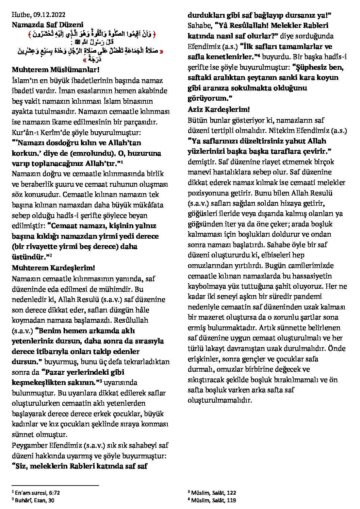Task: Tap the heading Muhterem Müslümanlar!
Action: point(55,70)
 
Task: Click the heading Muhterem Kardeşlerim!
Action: point(53,268)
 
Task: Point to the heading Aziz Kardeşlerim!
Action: point(219,109)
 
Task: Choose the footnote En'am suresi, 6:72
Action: point(37,492)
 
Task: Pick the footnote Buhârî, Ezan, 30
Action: point(34,500)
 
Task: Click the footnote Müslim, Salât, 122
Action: point(213,492)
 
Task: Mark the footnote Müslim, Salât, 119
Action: point(213,500)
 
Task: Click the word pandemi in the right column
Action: point(309,296)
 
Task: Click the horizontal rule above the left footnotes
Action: point(55,486)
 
